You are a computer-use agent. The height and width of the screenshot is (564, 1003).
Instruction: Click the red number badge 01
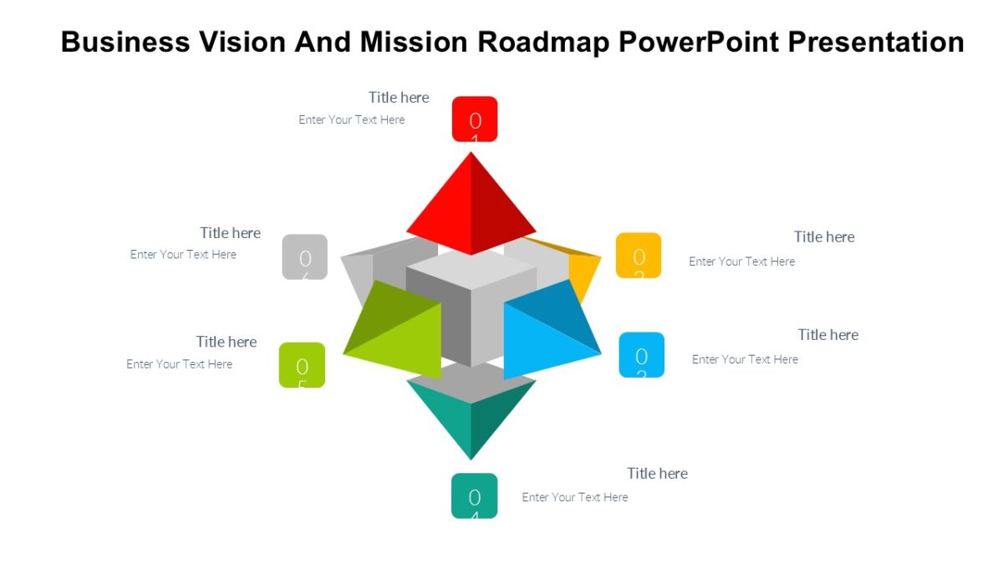475,119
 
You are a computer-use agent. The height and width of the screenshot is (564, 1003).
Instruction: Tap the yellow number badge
639,255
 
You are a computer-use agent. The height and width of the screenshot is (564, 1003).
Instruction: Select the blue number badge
641,355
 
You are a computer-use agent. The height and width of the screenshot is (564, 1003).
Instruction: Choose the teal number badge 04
474,495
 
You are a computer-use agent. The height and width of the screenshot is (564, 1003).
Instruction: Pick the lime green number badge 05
302,365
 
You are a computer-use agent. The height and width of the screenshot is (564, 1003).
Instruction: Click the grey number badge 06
304,257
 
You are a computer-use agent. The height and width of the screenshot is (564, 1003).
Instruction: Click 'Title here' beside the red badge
399,98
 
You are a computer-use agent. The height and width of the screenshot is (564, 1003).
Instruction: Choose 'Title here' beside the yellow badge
824,237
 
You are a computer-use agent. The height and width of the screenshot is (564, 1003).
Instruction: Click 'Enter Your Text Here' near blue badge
745,359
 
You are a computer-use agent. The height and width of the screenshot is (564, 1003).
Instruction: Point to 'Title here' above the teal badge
657,474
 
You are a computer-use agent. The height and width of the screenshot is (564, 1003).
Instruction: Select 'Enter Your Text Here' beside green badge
179,364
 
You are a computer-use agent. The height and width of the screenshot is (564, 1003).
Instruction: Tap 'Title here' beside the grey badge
230,233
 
